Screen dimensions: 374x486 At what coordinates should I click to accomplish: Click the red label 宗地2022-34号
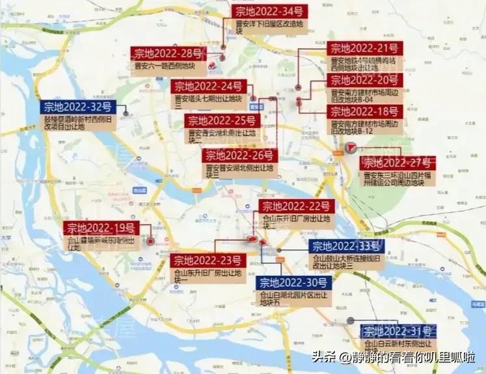pos(269,11)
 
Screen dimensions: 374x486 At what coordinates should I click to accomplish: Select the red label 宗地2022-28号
pos(168,53)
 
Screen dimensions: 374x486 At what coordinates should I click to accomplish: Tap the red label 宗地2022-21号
pos(364,47)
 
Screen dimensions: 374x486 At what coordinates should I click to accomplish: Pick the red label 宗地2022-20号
pos(364,80)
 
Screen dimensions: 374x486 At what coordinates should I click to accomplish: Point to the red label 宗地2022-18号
pos(364,111)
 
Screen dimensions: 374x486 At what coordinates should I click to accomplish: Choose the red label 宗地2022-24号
pos(208,87)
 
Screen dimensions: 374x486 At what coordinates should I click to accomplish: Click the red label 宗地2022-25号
pos(223,121)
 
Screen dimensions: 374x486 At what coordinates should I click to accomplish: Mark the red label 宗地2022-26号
pos(239,155)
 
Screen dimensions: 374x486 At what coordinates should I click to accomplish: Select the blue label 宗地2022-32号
pos(77,107)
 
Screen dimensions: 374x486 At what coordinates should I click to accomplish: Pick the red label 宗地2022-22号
pos(297,206)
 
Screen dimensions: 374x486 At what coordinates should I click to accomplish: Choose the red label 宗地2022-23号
pos(207,260)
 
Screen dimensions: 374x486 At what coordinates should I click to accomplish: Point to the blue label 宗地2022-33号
pos(346,245)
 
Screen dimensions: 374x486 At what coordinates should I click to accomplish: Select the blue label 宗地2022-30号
pos(295,282)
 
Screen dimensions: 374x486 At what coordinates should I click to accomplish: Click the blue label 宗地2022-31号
pos(399,331)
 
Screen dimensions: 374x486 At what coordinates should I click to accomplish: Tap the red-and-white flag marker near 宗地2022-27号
pos(351,148)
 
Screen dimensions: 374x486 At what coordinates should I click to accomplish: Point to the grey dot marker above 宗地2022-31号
pos(351,321)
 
